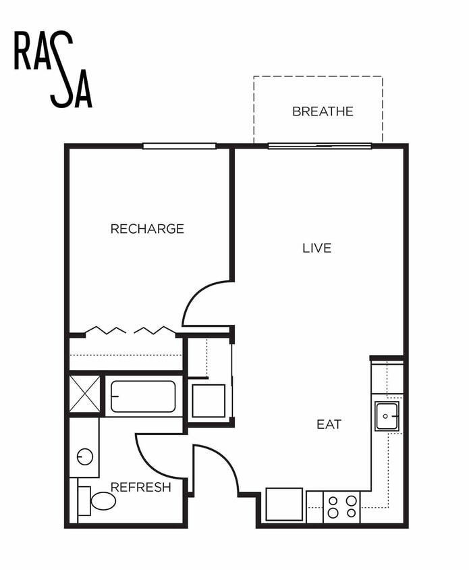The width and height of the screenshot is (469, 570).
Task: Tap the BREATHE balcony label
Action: (323, 111)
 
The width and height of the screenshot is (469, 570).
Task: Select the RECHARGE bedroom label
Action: (147, 229)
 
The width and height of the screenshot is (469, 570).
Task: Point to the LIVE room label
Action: (316, 248)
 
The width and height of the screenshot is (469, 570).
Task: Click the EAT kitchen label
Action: (329, 425)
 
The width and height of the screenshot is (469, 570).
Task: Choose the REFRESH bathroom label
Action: (140, 487)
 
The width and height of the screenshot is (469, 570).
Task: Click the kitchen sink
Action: (387, 416)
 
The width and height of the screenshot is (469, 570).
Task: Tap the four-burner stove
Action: (342, 507)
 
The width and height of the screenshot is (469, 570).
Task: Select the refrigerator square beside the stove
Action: (284, 504)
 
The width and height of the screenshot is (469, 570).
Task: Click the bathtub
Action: (143, 396)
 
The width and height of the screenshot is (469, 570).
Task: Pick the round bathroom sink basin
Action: (85, 457)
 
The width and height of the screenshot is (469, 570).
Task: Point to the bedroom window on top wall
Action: (180, 145)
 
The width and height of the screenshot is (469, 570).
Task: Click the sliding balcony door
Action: (320, 145)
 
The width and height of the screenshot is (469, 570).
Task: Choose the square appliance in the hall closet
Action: (208, 400)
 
